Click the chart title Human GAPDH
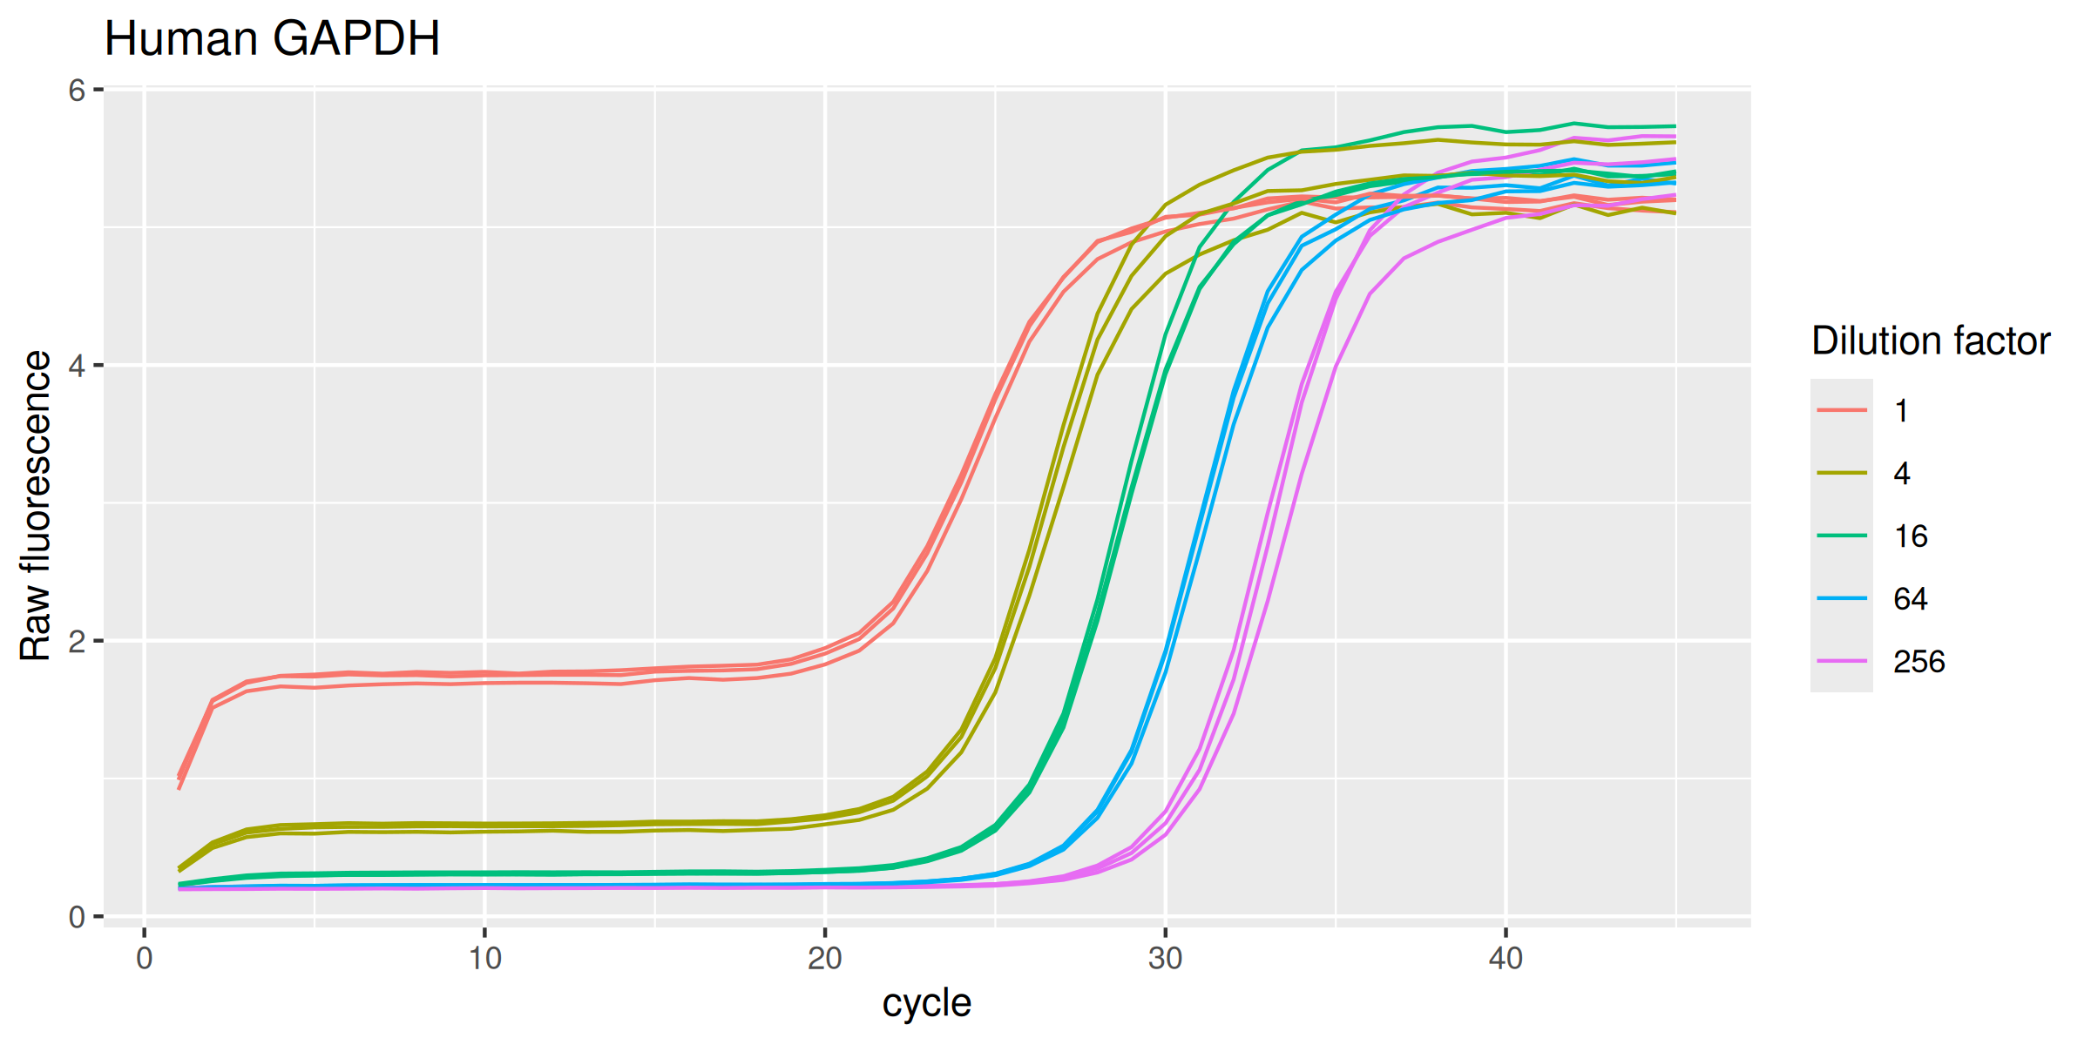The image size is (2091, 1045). click(x=272, y=39)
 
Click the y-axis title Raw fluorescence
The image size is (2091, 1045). click(x=36, y=505)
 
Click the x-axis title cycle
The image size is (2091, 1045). click(x=926, y=1003)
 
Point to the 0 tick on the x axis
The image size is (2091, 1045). click(x=145, y=959)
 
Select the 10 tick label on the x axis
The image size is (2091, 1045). click(x=484, y=959)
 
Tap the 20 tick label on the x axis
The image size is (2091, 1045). click(x=824, y=959)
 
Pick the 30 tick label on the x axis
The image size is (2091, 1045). click(x=1165, y=959)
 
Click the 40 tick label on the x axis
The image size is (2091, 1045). click(x=1505, y=959)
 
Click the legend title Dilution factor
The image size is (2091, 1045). click(x=1931, y=341)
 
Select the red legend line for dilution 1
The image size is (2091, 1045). click(x=1842, y=410)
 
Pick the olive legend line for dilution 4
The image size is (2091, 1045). click(x=1842, y=473)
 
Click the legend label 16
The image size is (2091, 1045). click(x=1911, y=536)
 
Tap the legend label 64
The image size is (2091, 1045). click(x=1911, y=599)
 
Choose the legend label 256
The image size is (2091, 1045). click(x=1918, y=662)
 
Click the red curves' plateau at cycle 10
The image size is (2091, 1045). click(x=484, y=676)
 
